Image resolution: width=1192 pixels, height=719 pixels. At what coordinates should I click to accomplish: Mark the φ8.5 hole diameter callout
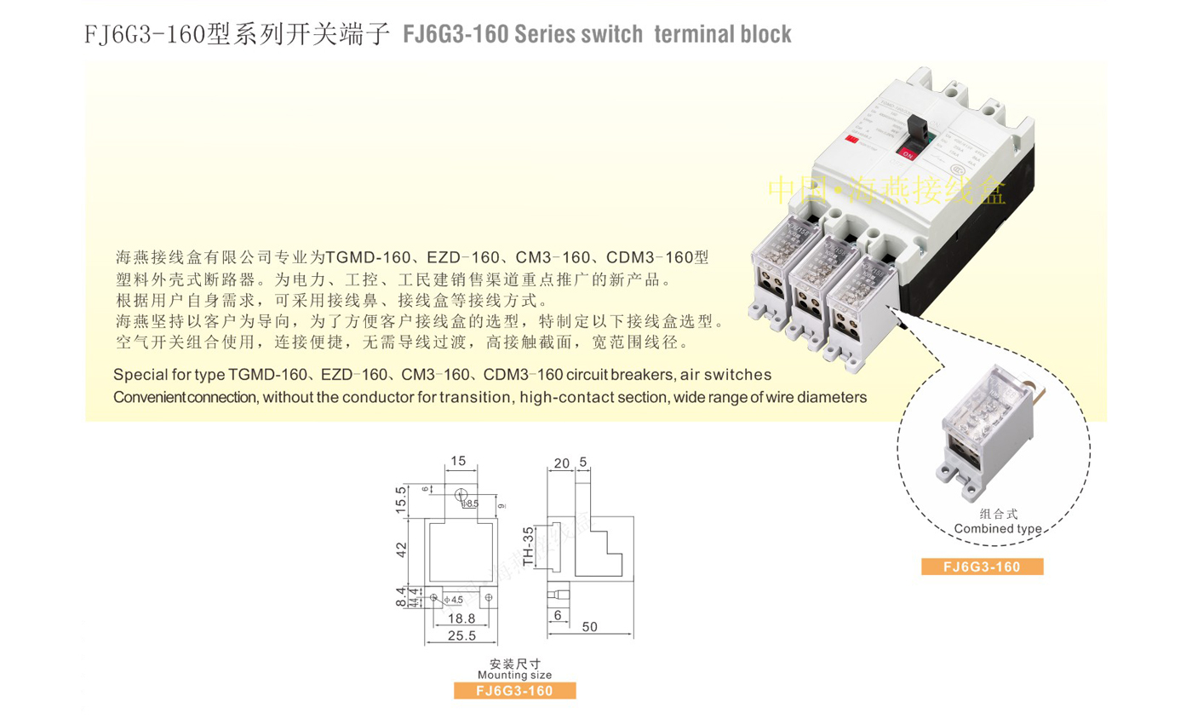(x=470, y=504)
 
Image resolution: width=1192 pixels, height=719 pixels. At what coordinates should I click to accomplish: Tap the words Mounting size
(x=514, y=675)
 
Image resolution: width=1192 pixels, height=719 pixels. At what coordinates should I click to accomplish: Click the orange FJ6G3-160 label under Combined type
(x=982, y=567)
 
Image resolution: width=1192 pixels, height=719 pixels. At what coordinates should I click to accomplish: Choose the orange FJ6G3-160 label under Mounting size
(x=514, y=691)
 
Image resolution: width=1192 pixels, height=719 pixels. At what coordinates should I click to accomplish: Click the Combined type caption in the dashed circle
(x=998, y=528)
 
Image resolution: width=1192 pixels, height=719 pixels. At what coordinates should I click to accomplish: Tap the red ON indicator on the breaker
(x=908, y=155)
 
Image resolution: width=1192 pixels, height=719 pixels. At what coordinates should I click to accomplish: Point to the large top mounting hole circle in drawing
(x=460, y=495)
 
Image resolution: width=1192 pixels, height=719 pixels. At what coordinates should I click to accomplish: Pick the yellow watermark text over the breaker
(x=885, y=190)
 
